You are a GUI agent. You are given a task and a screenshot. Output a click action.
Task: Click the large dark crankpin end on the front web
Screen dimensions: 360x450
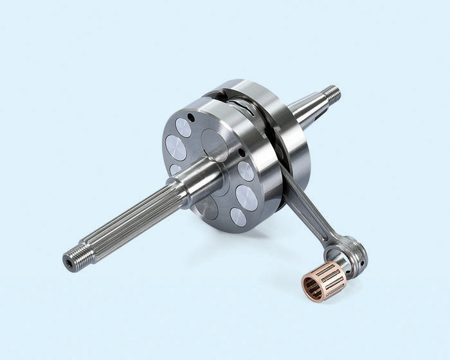[x=215, y=145]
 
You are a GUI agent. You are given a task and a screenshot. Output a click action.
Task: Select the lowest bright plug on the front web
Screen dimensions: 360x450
[x=238, y=217]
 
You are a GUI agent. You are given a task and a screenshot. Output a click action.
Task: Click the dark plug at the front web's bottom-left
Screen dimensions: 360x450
[x=207, y=207]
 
